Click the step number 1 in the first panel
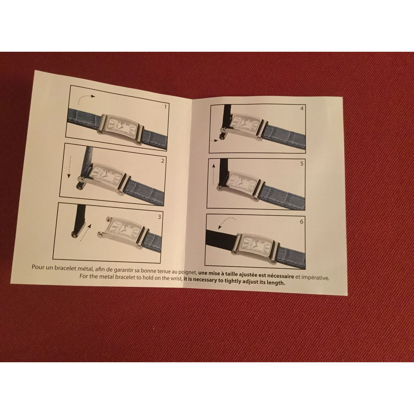coord(165,106)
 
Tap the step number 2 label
coord(162,161)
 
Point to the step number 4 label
coord(302,109)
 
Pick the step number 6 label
coord(301,221)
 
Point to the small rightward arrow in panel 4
coord(215,141)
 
